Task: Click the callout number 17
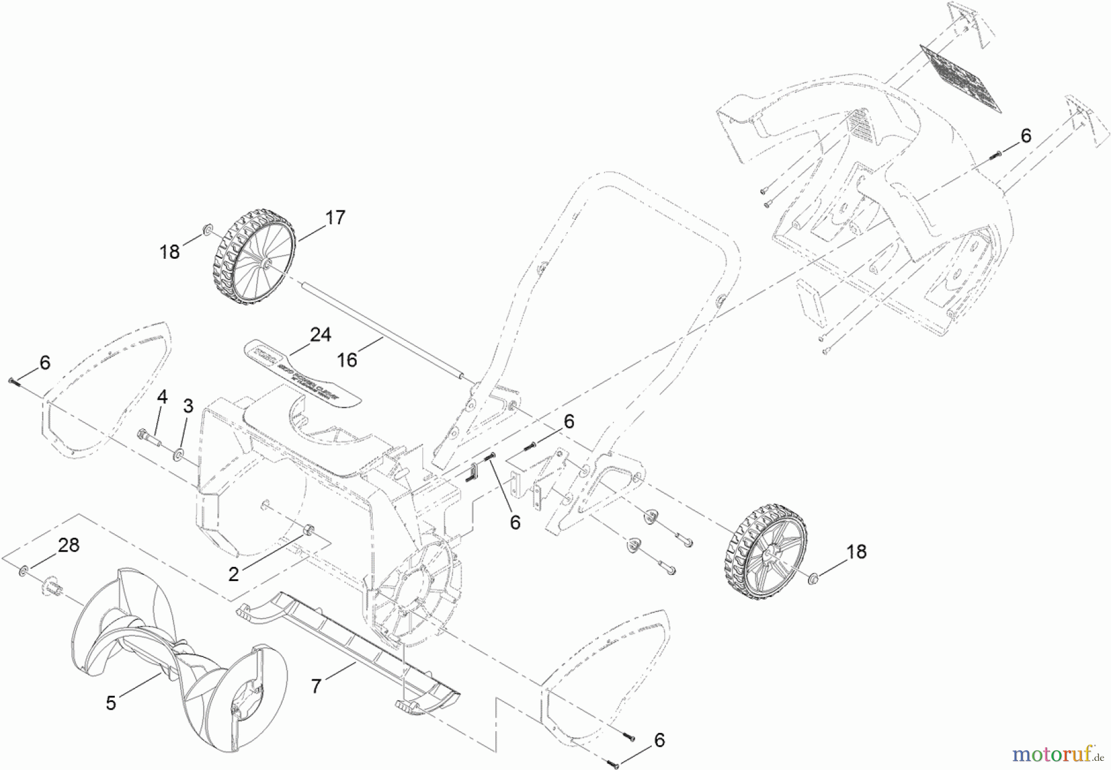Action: click(x=336, y=218)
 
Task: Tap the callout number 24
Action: click(x=320, y=335)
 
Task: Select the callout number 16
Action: click(x=347, y=359)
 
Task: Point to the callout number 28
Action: click(x=69, y=546)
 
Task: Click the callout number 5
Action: click(x=111, y=703)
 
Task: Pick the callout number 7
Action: click(x=316, y=686)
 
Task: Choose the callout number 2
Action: click(x=233, y=574)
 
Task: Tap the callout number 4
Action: click(x=162, y=397)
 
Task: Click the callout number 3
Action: click(x=188, y=406)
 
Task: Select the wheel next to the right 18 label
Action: click(x=765, y=552)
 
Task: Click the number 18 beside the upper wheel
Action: click(x=170, y=251)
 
